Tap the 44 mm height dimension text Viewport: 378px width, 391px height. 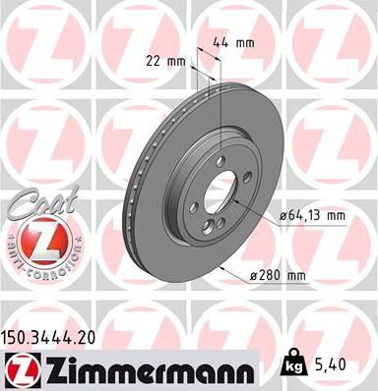(x=227, y=42)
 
